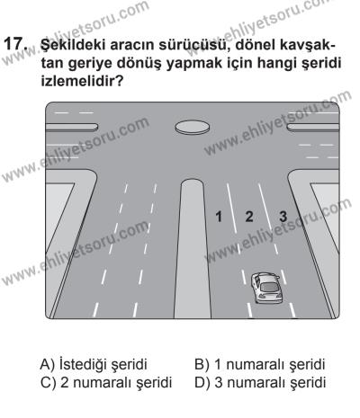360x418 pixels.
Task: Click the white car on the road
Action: pyautogui.click(x=266, y=287)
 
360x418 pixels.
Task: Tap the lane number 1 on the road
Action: pyautogui.click(x=217, y=216)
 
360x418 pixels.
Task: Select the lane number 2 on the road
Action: pyautogui.click(x=249, y=216)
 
